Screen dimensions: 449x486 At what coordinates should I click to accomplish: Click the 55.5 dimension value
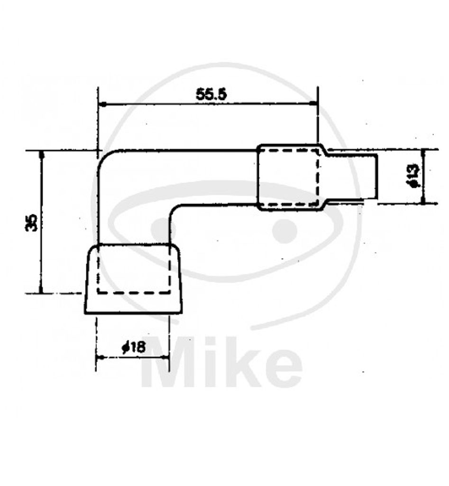click(211, 94)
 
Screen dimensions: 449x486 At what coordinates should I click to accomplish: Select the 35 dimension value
click(31, 223)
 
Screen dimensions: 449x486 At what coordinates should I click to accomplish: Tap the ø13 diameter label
click(414, 176)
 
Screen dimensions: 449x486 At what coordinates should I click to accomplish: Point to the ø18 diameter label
click(133, 347)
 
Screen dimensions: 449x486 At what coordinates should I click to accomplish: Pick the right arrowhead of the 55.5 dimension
click(313, 104)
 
